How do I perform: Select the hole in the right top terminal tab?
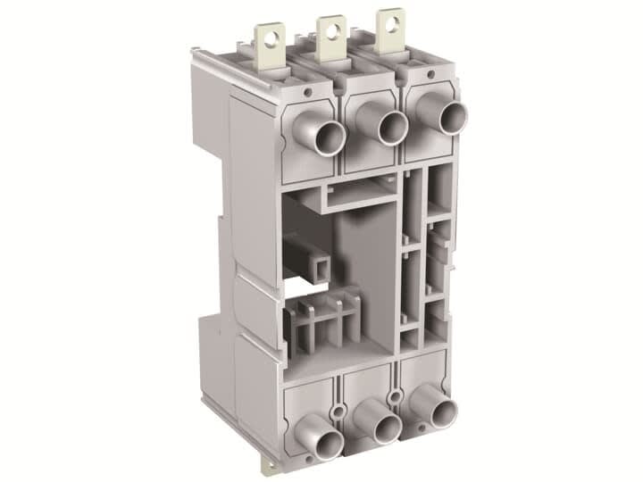[x=390, y=22]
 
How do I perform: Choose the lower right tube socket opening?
[x=444, y=412]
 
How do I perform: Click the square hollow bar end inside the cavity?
[x=316, y=264]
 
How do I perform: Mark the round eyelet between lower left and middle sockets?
[x=338, y=411]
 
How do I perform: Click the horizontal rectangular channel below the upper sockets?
[x=357, y=197]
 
